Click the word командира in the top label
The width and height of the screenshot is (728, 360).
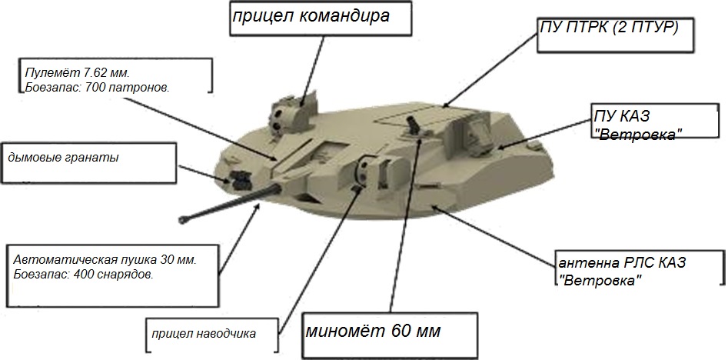click(x=342, y=17)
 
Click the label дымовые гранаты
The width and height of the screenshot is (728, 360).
click(x=63, y=158)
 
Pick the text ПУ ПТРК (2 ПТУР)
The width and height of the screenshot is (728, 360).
click(x=609, y=26)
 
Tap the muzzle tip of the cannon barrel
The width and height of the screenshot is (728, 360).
click(x=182, y=218)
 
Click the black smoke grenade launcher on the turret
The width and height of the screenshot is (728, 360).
click(x=238, y=180)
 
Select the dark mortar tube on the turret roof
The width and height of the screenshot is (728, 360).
click(x=412, y=124)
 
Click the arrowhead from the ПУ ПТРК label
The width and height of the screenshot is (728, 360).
click(x=445, y=105)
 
